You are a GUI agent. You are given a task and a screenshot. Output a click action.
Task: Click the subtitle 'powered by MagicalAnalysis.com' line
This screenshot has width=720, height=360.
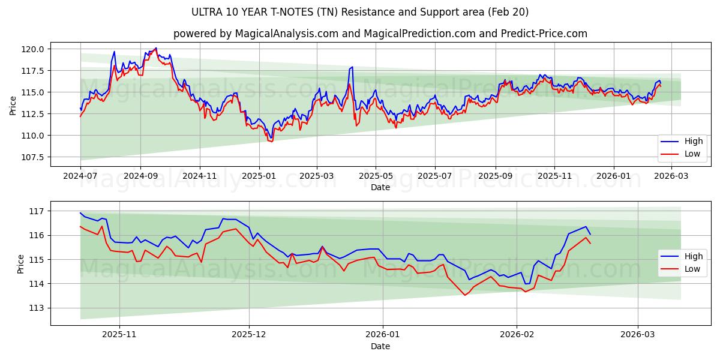pos(380,34)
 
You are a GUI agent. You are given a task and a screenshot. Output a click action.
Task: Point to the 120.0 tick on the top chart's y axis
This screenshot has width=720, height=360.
pos(34,49)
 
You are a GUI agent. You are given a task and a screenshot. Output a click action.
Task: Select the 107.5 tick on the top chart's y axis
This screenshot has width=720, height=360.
pos(34,157)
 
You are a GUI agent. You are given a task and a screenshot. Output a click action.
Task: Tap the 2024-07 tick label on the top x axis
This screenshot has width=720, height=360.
pos(80,176)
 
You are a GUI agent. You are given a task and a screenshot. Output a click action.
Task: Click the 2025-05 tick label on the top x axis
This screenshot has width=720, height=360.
pos(376,176)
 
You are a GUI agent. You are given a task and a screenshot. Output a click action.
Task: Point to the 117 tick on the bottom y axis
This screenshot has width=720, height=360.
pos(38,211)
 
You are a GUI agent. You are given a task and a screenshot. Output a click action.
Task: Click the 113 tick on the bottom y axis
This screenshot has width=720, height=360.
pos(38,308)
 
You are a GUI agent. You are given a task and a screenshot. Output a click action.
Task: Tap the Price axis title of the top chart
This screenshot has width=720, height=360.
pos(13,105)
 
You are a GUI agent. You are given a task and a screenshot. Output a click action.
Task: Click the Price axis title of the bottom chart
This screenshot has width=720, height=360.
pos(21,263)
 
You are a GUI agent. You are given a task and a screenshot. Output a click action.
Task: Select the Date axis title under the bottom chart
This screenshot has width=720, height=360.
pos(380,346)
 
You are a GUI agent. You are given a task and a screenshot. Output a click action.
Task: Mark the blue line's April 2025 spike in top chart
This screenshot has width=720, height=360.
pos(352,67)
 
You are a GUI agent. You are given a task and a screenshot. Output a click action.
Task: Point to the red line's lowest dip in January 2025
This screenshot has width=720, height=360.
pos(271,141)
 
